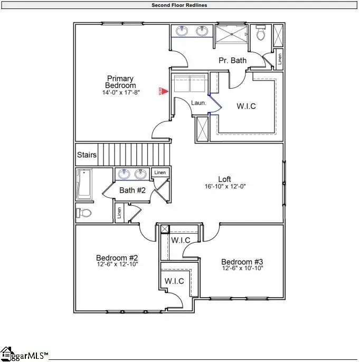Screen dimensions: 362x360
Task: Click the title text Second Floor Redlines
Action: click(179, 5)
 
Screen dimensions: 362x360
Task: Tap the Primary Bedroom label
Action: click(120, 82)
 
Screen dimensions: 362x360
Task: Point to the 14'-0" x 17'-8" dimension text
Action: click(120, 92)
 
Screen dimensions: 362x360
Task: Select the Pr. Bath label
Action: click(232, 60)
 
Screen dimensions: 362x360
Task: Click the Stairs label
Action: click(87, 155)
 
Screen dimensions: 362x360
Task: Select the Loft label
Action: click(225, 179)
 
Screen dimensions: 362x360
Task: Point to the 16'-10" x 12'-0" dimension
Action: click(225, 186)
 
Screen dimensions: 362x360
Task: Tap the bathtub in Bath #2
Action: click(84, 184)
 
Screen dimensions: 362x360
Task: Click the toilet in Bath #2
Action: click(84, 213)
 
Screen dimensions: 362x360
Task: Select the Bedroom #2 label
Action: click(117, 258)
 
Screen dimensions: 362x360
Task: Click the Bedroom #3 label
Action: click(242, 262)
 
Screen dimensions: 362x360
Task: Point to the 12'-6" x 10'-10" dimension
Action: click(242, 269)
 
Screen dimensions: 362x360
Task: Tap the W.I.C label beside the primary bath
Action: click(246, 106)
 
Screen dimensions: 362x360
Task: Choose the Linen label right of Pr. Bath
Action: click(279, 59)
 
